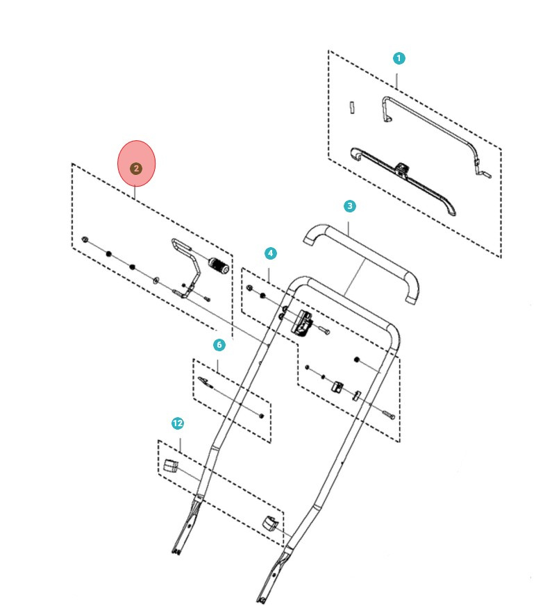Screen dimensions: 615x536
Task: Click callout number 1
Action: (x=399, y=58)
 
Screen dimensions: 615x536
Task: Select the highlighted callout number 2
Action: (x=136, y=168)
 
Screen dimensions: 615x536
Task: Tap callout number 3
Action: (x=349, y=206)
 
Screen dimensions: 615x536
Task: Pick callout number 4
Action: (x=270, y=254)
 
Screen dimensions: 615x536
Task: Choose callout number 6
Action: (x=219, y=344)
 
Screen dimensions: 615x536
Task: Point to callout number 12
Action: (x=178, y=423)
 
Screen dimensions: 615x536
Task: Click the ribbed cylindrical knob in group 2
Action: (x=219, y=265)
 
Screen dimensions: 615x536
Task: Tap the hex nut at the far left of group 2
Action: (x=84, y=239)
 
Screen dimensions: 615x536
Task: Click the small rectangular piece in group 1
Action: (x=352, y=107)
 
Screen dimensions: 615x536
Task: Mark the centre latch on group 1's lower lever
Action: (x=402, y=168)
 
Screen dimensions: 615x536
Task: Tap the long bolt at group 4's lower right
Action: (x=387, y=414)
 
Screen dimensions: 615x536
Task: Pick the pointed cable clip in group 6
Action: (x=204, y=381)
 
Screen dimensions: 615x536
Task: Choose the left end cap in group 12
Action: (x=171, y=464)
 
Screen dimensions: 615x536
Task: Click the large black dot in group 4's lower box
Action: (x=357, y=360)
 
